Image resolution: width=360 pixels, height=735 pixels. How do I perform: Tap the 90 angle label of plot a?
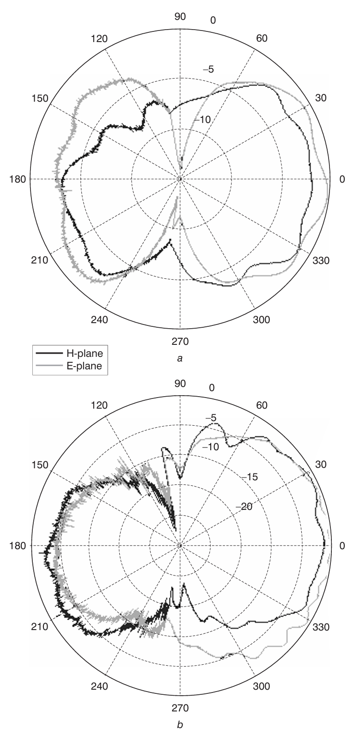(180, 17)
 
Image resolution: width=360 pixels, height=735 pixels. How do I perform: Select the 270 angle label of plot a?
(180, 342)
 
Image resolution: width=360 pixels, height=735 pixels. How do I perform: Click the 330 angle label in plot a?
(320, 260)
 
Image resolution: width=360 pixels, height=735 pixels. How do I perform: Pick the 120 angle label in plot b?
(99, 405)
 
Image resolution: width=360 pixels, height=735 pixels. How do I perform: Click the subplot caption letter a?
(180, 358)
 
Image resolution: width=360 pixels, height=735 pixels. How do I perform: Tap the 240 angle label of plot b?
(99, 686)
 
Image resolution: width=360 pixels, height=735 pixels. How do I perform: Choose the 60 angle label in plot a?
(262, 38)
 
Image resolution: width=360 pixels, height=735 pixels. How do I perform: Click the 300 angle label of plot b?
(262, 686)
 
